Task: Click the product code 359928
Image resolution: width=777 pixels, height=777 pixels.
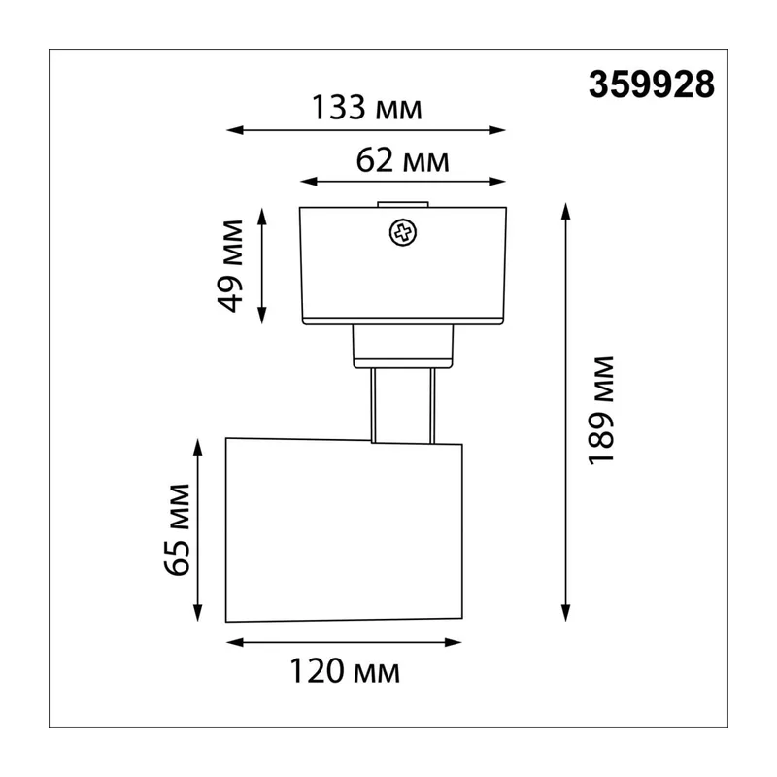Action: (652, 84)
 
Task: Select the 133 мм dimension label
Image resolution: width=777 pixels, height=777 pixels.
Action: (367, 108)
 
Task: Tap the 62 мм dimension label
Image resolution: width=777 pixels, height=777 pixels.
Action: (402, 160)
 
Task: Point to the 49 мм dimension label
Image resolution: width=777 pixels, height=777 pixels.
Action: (231, 266)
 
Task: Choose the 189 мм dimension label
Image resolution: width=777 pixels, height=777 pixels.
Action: (600, 411)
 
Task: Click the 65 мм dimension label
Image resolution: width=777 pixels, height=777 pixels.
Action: (177, 529)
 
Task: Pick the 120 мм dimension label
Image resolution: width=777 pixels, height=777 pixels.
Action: (345, 671)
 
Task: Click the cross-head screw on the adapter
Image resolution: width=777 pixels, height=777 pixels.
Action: (403, 233)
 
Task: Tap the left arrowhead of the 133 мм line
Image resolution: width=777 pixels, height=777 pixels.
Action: (235, 130)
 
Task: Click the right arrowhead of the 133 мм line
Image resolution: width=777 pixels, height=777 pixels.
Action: (497, 130)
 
